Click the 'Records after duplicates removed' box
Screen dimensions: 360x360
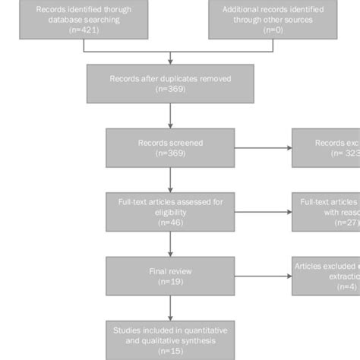point(170,83)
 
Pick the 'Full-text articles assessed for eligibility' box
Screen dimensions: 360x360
point(170,210)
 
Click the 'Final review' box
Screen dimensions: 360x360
point(170,274)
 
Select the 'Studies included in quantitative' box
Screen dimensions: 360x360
point(170,339)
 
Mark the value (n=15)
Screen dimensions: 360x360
point(170,352)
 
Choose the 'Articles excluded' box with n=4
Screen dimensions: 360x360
point(326,274)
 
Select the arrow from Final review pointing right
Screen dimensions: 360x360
point(264,274)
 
